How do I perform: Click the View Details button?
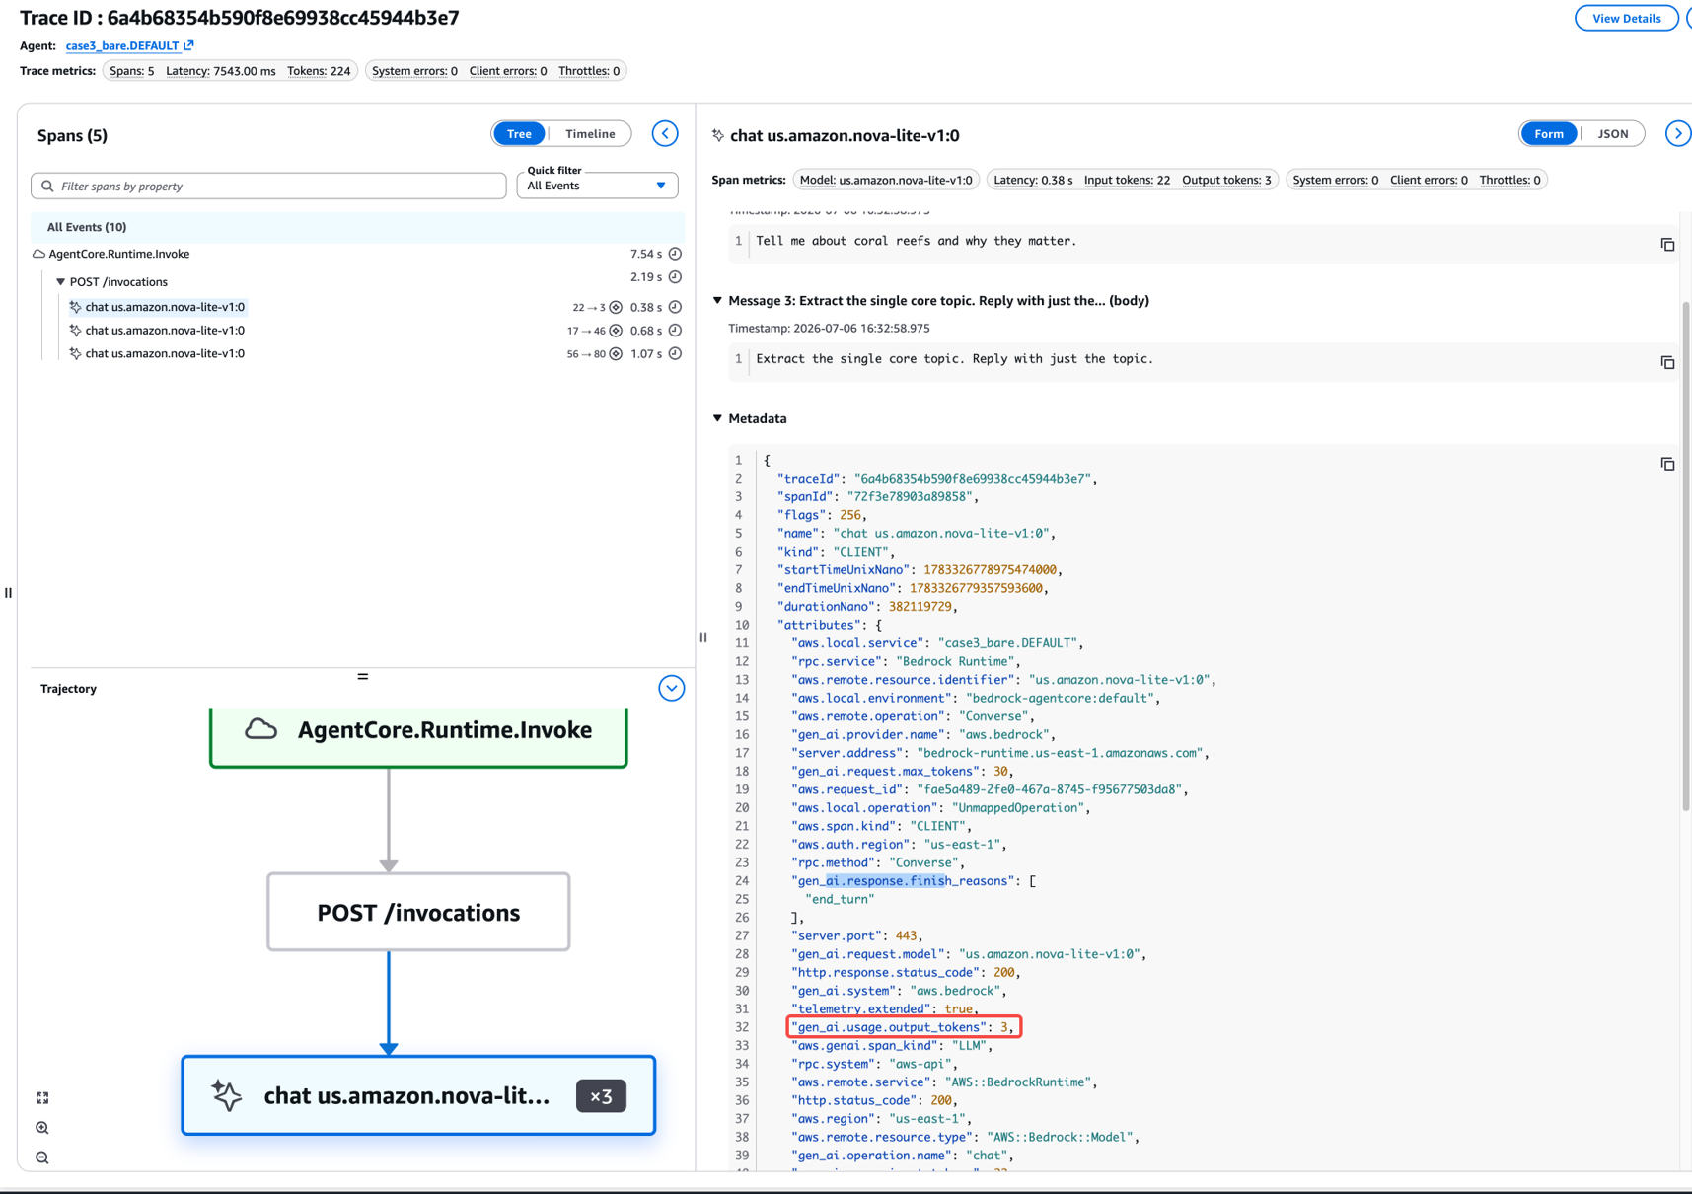pyautogui.click(x=1626, y=18)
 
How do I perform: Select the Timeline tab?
pyautogui.click(x=590, y=134)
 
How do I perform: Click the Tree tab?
pyautogui.click(x=519, y=134)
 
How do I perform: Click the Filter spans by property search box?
pyautogui.click(x=268, y=186)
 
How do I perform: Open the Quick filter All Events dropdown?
pyautogui.click(x=597, y=186)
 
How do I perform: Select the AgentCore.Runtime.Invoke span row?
pyautogui.click(x=119, y=254)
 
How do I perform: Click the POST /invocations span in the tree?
pyautogui.click(x=118, y=282)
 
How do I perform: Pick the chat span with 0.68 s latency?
pyautogui.click(x=165, y=331)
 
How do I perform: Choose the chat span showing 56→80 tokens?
pyautogui.click(x=165, y=353)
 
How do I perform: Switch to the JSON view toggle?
pyautogui.click(x=1613, y=134)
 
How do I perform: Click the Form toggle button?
pyautogui.click(x=1549, y=134)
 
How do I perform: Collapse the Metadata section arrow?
pyautogui.click(x=717, y=418)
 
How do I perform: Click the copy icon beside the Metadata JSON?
pyautogui.click(x=1667, y=464)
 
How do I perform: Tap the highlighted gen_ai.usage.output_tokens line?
pyautogui.click(x=904, y=1027)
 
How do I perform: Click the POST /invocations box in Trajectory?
pyautogui.click(x=418, y=912)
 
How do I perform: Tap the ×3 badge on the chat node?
pyautogui.click(x=601, y=1096)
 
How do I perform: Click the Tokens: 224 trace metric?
pyautogui.click(x=319, y=71)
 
